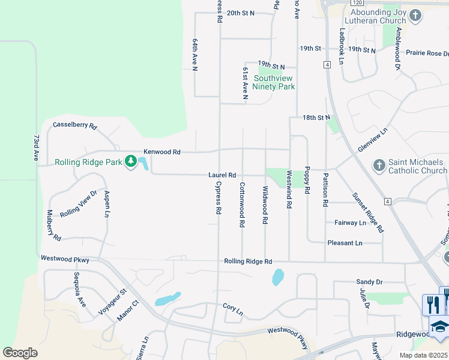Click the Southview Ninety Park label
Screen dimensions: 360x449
coord(274,82)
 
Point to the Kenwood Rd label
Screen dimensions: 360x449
coord(162,152)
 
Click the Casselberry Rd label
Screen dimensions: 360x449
coord(75,125)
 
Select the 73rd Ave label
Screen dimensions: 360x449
coord(37,147)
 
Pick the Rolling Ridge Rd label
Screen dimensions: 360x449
coord(248,262)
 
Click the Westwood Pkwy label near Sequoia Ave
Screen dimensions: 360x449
coord(65,259)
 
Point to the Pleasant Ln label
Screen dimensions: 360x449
coord(345,243)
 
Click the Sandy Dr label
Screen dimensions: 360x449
coord(369,281)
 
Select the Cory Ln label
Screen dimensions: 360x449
coord(232,309)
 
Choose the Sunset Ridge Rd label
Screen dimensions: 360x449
coord(367,212)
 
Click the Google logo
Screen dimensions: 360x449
coord(20,353)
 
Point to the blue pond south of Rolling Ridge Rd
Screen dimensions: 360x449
coord(278,277)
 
